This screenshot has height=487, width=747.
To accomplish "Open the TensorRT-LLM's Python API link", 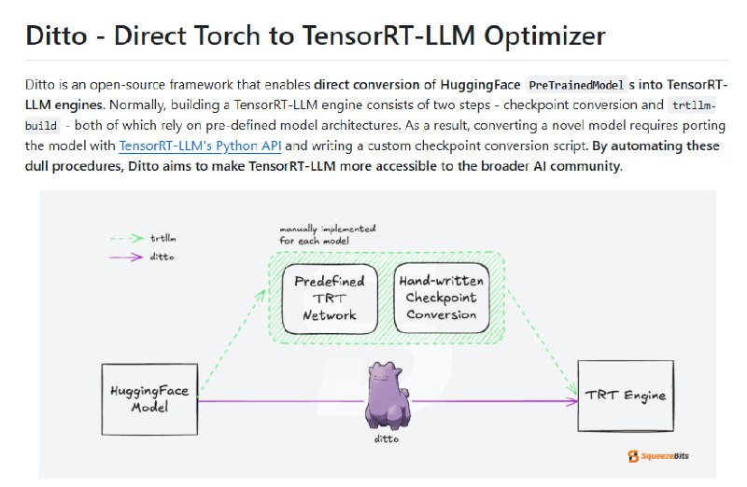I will click(x=200, y=146).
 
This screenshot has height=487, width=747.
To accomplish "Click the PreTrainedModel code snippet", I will click(x=576, y=84).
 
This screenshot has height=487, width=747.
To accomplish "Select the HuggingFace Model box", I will click(x=149, y=398).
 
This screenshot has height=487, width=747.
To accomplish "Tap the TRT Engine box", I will click(x=626, y=396).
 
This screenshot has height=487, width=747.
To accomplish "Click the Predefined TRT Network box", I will click(x=330, y=298).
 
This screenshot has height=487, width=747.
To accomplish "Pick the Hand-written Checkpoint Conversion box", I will click(x=442, y=298).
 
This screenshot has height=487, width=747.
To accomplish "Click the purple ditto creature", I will click(x=387, y=397).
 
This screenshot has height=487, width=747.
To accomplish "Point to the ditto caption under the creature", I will click(x=384, y=437).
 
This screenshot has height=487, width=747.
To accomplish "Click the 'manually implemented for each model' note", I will click(x=327, y=233).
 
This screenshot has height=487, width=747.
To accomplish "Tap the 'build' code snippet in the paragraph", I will click(x=43, y=125).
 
